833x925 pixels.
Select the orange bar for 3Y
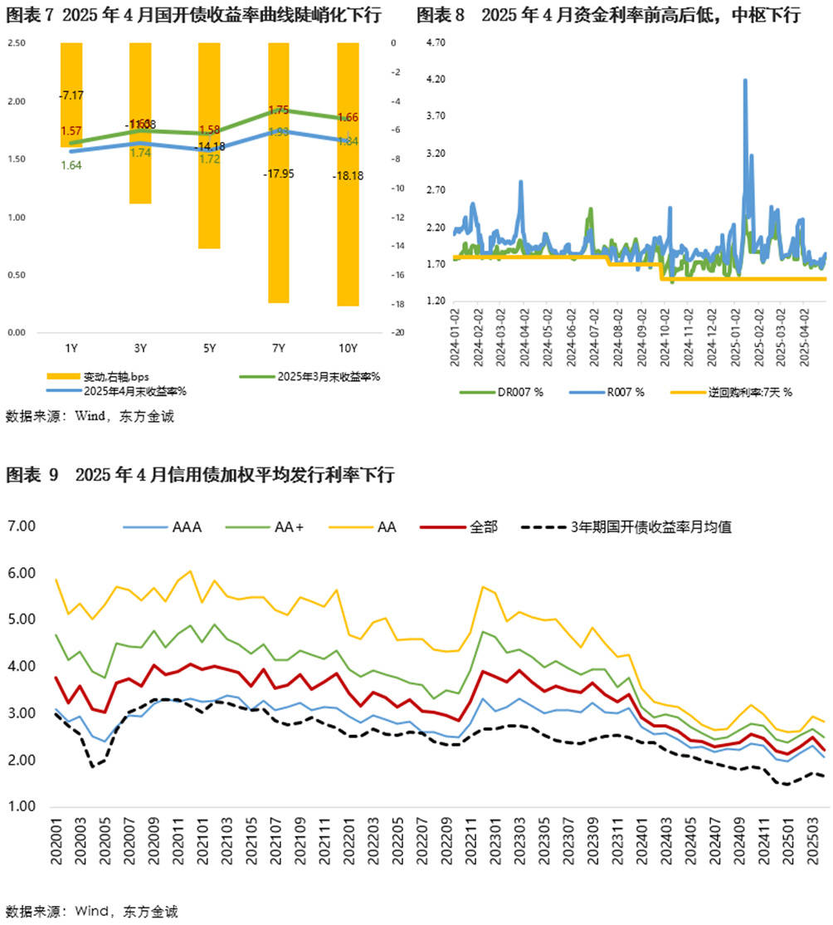click(140, 166)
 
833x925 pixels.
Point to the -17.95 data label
click(279, 174)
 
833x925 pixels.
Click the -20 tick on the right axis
click(393, 333)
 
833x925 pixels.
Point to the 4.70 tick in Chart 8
click(435, 42)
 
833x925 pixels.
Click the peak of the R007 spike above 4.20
click(745, 81)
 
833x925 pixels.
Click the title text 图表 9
click(32, 476)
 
